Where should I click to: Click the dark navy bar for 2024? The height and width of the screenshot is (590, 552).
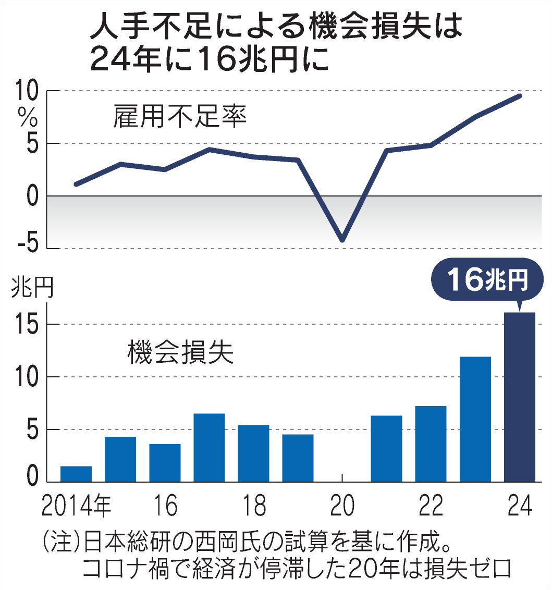(x=520, y=396)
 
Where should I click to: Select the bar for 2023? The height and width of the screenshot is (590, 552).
(x=475, y=419)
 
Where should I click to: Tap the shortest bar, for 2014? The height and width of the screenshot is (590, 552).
(x=76, y=473)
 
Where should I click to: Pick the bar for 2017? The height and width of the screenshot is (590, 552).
(x=209, y=447)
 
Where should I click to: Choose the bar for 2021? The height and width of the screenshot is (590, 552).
(x=386, y=448)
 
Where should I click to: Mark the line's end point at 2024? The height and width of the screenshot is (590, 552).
(x=520, y=95)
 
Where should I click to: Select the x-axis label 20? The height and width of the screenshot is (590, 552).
(x=342, y=506)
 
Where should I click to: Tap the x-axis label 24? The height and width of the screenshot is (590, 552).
(x=520, y=506)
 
